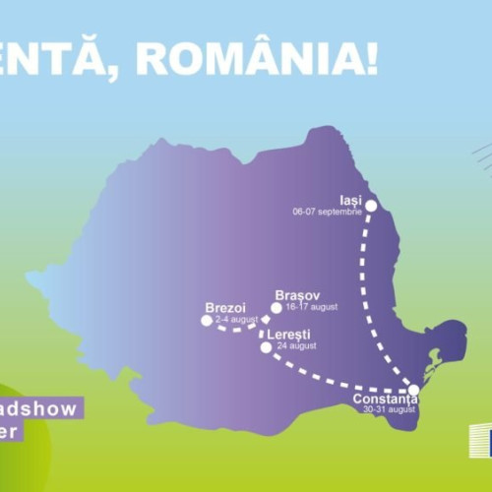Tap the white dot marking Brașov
click(277, 308)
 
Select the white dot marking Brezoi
click(207, 320)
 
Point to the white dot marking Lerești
click(265, 346)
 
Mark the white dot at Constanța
click(413, 391)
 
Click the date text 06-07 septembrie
click(328, 212)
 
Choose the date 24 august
click(297, 346)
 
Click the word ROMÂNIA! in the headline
click(257, 59)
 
